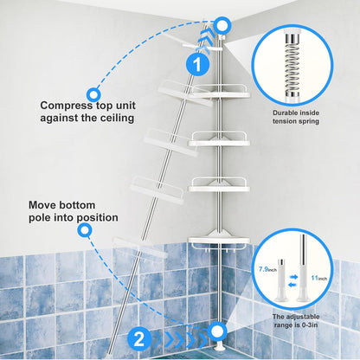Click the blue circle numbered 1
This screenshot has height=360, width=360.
click(196, 63)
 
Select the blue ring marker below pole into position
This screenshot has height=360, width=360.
click(84, 230)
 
